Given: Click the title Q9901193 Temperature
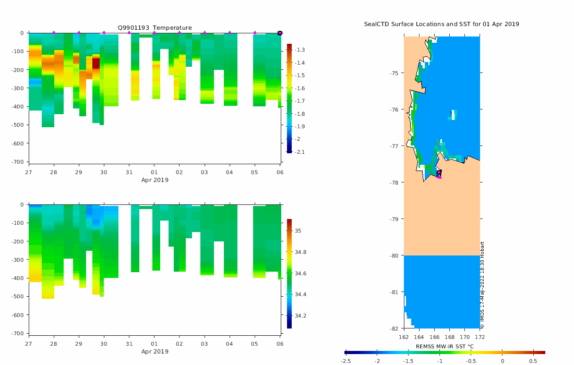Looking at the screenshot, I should pos(154,28).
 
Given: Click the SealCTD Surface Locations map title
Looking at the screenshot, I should pos(441,24).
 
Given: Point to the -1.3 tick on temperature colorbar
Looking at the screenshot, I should pos(301,50).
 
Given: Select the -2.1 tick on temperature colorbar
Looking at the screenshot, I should pos(301,152).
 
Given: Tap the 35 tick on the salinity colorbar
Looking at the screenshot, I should pos(297,230).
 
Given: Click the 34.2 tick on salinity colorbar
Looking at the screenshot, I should pos(300,315).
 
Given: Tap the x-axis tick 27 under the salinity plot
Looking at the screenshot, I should pos(28,344).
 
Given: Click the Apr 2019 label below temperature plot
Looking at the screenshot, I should pos(154,180).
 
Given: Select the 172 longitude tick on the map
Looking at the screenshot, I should pos(480,337).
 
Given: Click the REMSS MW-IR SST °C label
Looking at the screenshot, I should pos(445,346).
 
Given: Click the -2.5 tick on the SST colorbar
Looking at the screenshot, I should pos(345,360).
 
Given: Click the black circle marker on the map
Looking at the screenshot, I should pos(439,172).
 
